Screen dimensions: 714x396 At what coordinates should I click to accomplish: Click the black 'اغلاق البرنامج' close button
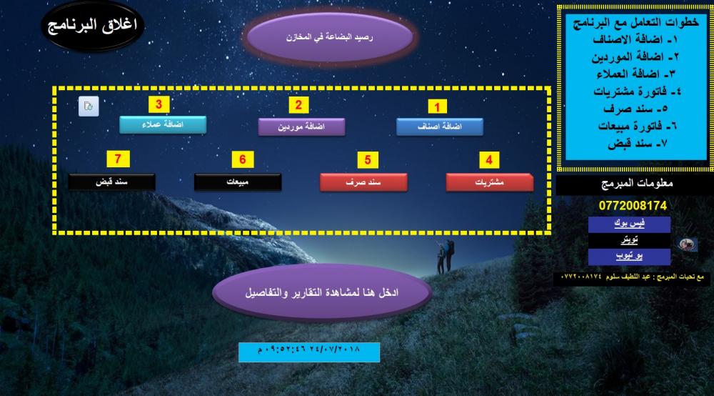coord(92,26)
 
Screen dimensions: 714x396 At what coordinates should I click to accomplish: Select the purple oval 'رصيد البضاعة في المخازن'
coord(329,37)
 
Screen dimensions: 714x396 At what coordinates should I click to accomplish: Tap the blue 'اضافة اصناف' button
coord(439,127)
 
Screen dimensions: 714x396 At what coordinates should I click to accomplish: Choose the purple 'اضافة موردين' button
coord(301,127)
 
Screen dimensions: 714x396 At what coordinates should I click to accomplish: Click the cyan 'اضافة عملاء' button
coord(163,124)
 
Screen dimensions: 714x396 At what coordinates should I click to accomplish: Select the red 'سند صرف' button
coord(363,182)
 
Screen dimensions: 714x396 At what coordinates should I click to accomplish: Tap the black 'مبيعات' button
coord(238,182)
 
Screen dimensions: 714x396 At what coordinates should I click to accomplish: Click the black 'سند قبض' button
coord(111,182)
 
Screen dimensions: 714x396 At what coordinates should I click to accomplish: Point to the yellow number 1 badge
coord(437,107)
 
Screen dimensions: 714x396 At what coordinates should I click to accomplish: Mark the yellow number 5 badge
coord(368,160)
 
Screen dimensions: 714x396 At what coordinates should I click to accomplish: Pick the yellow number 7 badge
coord(118,159)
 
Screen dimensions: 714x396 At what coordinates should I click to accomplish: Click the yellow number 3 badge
coord(159,104)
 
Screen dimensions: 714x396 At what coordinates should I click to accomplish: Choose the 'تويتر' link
coord(629,240)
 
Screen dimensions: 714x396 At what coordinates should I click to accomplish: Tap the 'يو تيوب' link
coord(629,257)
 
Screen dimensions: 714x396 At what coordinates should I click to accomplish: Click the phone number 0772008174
coord(633,206)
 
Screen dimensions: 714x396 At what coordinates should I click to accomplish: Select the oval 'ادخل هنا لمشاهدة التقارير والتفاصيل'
coord(322,292)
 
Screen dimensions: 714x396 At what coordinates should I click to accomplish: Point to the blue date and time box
coord(309,352)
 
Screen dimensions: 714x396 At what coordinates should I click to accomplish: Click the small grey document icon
coord(89,107)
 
